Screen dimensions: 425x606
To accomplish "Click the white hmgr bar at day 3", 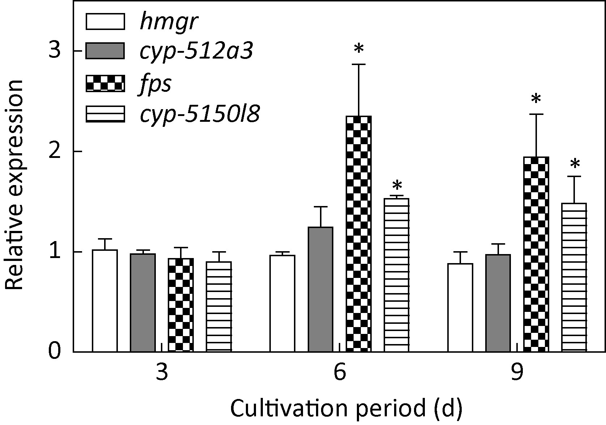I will pyautogui.click(x=105, y=300).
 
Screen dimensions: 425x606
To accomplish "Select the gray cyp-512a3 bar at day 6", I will pyautogui.click(x=320, y=289).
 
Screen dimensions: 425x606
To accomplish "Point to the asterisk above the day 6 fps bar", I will pyautogui.click(x=358, y=49).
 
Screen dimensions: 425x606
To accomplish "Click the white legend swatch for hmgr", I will pyautogui.click(x=105, y=22).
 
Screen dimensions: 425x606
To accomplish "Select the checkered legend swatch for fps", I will pyautogui.click(x=105, y=83).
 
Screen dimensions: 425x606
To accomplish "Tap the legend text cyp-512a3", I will pyautogui.click(x=196, y=52).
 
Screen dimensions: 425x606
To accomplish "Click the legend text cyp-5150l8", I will pyautogui.click(x=199, y=115).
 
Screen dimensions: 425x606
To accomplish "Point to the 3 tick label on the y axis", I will pyautogui.click(x=55, y=51).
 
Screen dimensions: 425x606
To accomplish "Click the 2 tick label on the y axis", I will pyautogui.click(x=55, y=151).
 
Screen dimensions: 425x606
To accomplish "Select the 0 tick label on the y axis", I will pyautogui.click(x=55, y=352).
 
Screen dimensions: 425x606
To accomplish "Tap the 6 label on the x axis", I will pyautogui.click(x=340, y=372).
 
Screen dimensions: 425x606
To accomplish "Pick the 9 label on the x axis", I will pyautogui.click(x=517, y=372).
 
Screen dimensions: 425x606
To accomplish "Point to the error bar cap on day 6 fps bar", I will pyautogui.click(x=358, y=64).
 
